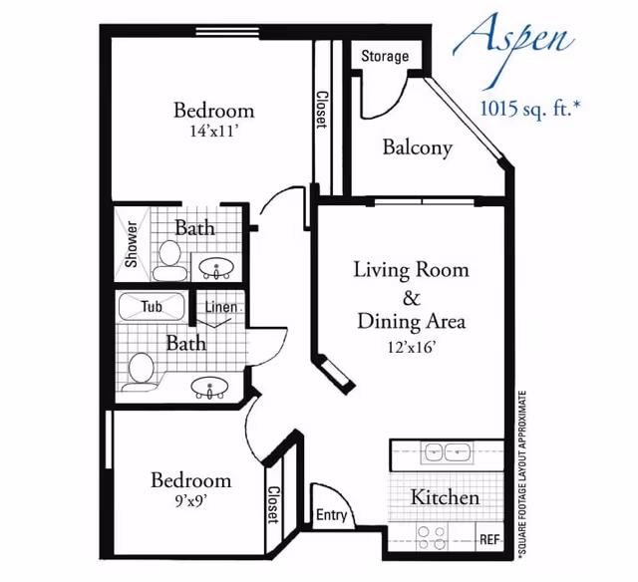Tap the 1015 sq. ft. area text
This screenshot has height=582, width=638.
(x=527, y=108)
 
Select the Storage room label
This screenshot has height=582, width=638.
(x=385, y=56)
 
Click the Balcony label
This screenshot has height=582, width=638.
(x=418, y=148)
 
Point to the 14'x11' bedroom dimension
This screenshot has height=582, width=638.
(x=212, y=131)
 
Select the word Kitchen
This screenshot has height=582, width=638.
(x=446, y=497)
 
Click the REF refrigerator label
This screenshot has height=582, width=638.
(x=489, y=539)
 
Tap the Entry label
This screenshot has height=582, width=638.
(x=332, y=515)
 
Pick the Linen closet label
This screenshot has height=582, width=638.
(x=220, y=307)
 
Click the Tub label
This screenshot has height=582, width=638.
(x=152, y=307)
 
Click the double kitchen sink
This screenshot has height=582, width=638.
(x=448, y=452)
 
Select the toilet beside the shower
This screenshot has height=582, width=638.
(x=169, y=261)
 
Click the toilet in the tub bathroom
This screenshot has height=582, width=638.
(x=140, y=370)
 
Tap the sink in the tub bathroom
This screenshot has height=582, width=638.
(x=210, y=388)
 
